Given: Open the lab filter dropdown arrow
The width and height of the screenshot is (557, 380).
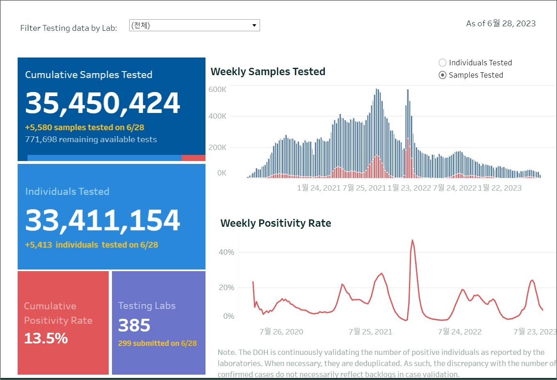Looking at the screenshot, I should pyautogui.click(x=254, y=25).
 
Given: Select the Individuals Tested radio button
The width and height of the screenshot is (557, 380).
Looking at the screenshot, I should pyautogui.click(x=443, y=63).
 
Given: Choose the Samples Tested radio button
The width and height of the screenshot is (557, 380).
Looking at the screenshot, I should pyautogui.click(x=443, y=75).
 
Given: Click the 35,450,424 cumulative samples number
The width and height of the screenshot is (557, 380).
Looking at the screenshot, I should pyautogui.click(x=103, y=103).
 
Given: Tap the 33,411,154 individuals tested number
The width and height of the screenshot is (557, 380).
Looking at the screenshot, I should pyautogui.click(x=103, y=220).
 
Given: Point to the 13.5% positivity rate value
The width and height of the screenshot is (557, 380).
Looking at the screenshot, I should pyautogui.click(x=46, y=339).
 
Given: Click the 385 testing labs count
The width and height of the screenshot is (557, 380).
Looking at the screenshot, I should pyautogui.click(x=134, y=325).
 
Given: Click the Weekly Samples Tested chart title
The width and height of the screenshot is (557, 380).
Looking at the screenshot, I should pyautogui.click(x=268, y=72).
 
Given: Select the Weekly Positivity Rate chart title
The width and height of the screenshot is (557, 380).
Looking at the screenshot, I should pyautogui.click(x=276, y=223).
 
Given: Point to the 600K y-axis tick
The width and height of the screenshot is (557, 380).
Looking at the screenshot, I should pyautogui.click(x=217, y=90).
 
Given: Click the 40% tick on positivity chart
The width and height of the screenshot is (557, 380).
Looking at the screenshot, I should pyautogui.click(x=226, y=252).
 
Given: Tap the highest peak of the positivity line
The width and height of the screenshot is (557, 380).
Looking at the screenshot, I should pyautogui.click(x=412, y=240).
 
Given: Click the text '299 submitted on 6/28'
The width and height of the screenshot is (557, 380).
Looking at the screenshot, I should pyautogui.click(x=158, y=343).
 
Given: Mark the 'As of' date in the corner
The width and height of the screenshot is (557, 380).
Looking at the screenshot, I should pyautogui.click(x=501, y=23).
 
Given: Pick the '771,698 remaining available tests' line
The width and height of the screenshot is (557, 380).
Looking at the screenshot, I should pyautogui.click(x=91, y=140).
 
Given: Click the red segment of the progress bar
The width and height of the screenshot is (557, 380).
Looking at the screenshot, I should pyautogui.click(x=193, y=158).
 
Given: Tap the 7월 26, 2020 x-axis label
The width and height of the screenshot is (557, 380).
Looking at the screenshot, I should pyautogui.click(x=281, y=332).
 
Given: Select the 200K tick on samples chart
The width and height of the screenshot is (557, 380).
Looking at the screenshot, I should pyautogui.click(x=217, y=147).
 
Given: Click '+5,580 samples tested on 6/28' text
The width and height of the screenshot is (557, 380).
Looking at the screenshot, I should pyautogui.click(x=84, y=127).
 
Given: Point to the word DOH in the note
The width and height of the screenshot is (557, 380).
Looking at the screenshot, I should pyautogui.click(x=261, y=352).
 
